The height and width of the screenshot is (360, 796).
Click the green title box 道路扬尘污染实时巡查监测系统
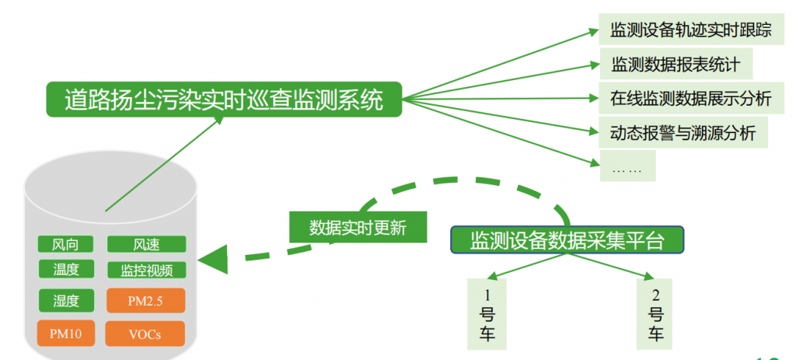224,100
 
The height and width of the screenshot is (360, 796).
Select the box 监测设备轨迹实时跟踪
690,30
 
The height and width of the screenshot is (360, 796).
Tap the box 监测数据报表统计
676,65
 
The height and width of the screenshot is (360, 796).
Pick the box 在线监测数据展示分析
690,98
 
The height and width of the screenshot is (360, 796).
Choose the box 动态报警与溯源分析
683,132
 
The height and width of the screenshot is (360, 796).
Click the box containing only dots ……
627,166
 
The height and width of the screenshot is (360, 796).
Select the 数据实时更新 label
358,227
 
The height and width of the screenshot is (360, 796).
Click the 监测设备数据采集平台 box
567,240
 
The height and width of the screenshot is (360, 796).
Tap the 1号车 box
487,314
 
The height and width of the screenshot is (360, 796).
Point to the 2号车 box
655,314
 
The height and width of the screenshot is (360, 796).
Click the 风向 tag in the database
66,244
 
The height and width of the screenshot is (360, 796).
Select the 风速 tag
147,244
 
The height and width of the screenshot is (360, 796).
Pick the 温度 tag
66,269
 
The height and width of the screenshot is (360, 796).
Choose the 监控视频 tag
147,270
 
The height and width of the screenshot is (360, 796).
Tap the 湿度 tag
67,301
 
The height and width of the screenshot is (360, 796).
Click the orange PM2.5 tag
145,301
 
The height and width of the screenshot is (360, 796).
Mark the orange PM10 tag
66,334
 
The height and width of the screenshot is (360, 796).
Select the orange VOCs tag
145,334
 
